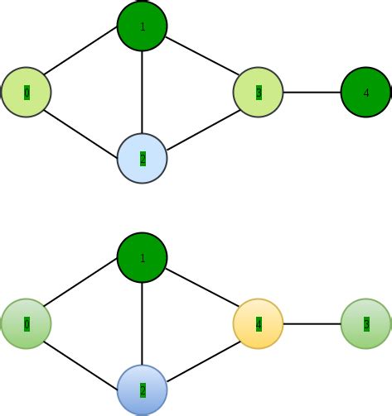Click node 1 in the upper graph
point(143,26)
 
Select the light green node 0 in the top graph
point(27,92)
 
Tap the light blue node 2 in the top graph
point(143,158)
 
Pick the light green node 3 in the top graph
point(259,92)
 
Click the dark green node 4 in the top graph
point(366,92)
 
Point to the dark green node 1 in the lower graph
point(143,258)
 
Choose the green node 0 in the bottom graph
point(27,323)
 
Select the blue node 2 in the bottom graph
point(143,390)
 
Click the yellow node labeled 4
point(259,323)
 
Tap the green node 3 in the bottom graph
point(366,323)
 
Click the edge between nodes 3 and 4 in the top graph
point(312,92)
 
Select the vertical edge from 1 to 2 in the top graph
point(143,92)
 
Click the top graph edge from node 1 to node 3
point(201,60)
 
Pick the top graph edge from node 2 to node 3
point(201,125)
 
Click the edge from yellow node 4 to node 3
point(312,323)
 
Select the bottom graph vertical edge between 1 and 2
point(143,323)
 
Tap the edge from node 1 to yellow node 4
point(201,291)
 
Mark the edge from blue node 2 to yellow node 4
point(201,356)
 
